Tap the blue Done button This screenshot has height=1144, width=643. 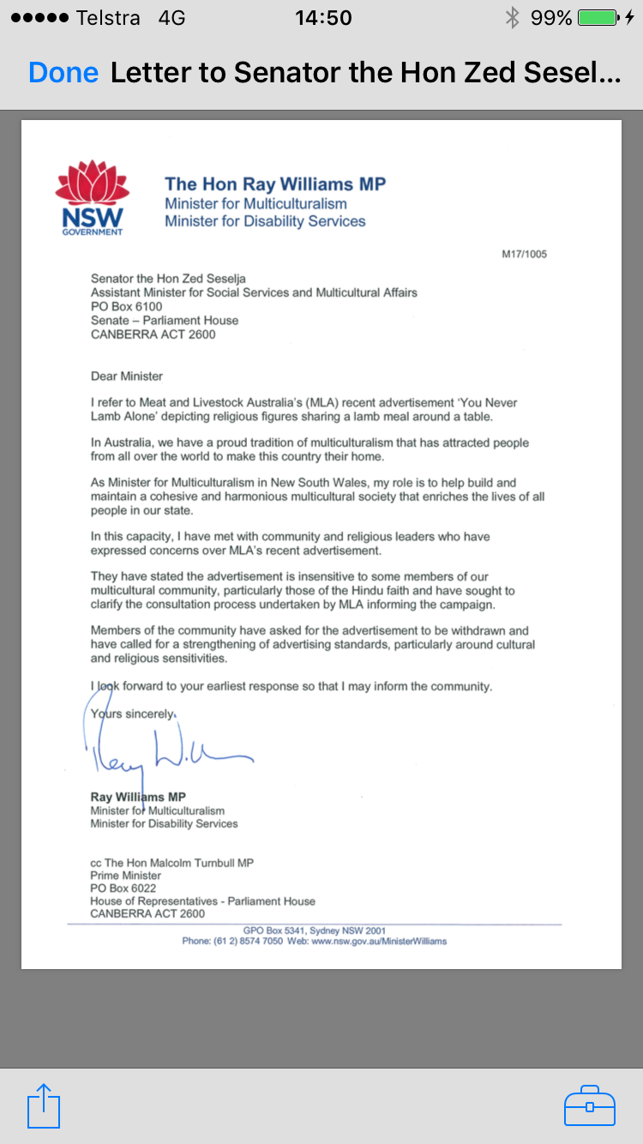tap(63, 73)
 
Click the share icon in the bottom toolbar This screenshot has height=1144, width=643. tap(44, 1106)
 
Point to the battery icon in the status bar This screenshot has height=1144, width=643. tap(598, 17)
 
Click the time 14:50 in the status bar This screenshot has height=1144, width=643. tap(323, 17)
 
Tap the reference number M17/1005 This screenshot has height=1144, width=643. tap(524, 255)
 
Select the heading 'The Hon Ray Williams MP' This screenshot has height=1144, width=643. tap(275, 184)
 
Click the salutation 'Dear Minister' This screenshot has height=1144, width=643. tap(127, 376)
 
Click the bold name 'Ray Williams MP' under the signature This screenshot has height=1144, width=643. tap(138, 797)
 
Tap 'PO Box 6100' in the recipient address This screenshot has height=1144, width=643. tap(127, 306)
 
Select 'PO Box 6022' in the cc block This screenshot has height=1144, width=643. tap(123, 888)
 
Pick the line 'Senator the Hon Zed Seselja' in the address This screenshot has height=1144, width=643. tap(168, 279)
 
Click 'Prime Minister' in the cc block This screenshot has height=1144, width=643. tap(126, 876)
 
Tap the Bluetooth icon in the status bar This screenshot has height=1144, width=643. tap(513, 17)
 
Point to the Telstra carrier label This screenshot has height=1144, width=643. tap(108, 17)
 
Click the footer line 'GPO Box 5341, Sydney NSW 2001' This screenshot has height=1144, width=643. tap(315, 930)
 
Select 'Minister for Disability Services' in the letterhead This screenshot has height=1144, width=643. tap(265, 221)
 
